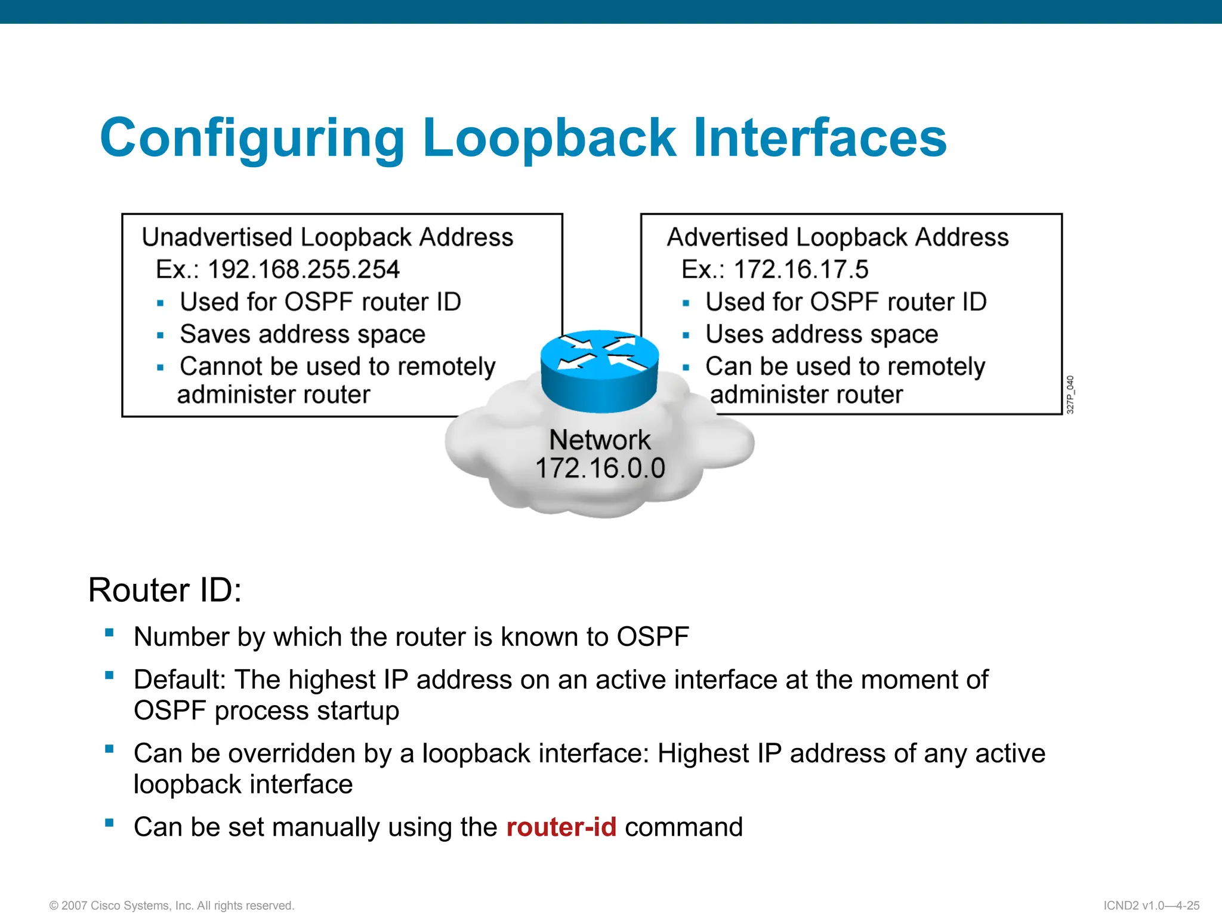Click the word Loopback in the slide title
pyautogui.click(x=549, y=139)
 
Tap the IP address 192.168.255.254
pyautogui.click(x=303, y=270)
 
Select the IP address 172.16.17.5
pyautogui.click(x=801, y=270)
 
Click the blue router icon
pyautogui.click(x=600, y=370)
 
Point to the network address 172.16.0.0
pyautogui.click(x=600, y=468)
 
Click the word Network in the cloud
pyautogui.click(x=600, y=440)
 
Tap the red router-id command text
pyautogui.click(x=561, y=827)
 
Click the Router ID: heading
pyautogui.click(x=165, y=590)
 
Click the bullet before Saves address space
pyautogui.click(x=160, y=336)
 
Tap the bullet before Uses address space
pyautogui.click(x=686, y=336)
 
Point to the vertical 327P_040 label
pyautogui.click(x=1070, y=395)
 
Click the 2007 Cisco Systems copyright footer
pyautogui.click(x=172, y=906)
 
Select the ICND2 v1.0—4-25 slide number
pyautogui.click(x=1151, y=906)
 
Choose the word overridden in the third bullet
pyautogui.click(x=292, y=754)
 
